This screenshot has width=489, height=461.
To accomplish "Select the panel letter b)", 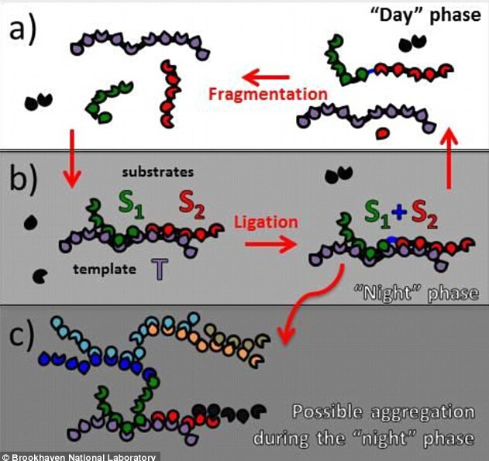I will (x=22, y=183).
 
